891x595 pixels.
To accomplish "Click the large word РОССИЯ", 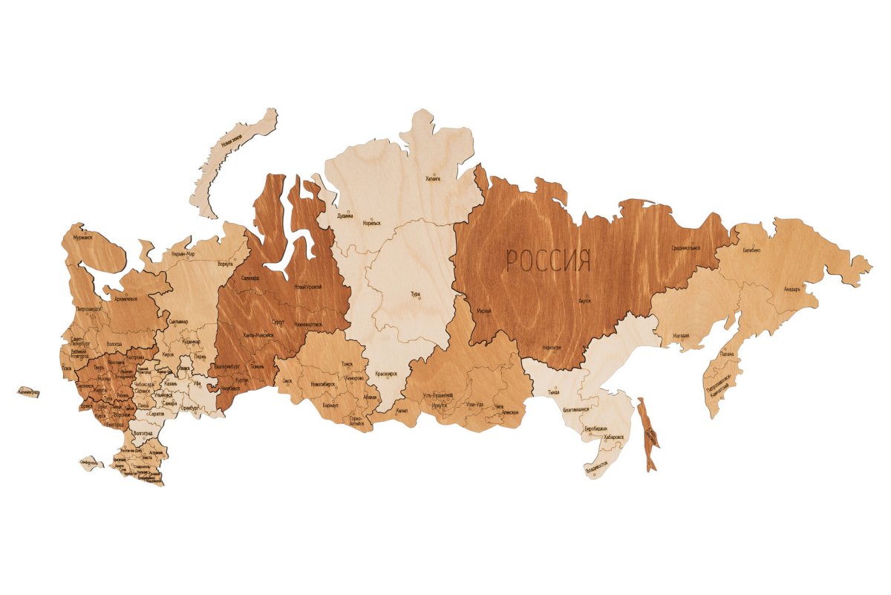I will pos(549,261).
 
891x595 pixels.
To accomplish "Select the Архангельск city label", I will pos(121,299).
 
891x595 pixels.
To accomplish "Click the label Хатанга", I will pos(432,179).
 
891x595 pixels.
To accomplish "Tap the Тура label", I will pos(415,294).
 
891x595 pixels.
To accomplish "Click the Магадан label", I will pos(681,336).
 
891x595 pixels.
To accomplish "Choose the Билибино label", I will pos(751,251).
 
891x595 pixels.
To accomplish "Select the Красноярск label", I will pos(387,373).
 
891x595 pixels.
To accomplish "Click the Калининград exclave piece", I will pos(27,391).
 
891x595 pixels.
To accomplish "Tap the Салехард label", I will pos(251,278).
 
